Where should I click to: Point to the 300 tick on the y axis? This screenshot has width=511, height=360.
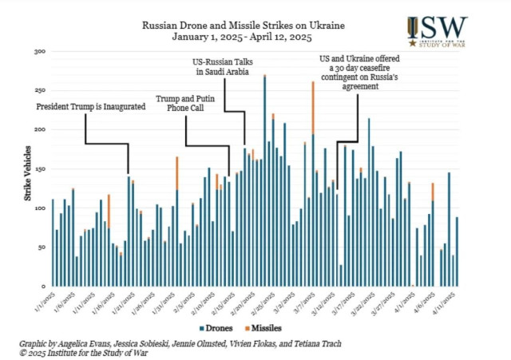[x=39, y=52]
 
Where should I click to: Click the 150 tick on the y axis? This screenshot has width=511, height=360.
[x=39, y=169]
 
